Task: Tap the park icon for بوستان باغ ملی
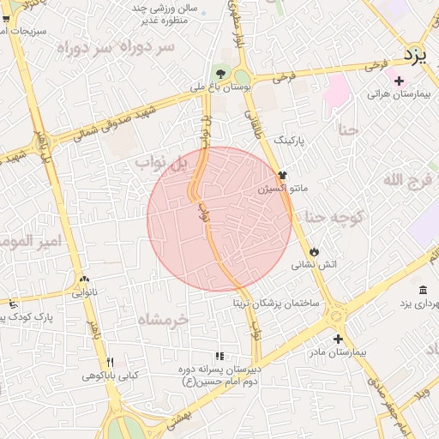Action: tap(221, 73)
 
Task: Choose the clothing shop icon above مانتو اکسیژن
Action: tap(283, 174)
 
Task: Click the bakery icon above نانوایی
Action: tap(84, 279)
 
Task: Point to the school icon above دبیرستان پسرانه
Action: tap(219, 356)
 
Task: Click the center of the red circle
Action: tap(219, 219)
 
